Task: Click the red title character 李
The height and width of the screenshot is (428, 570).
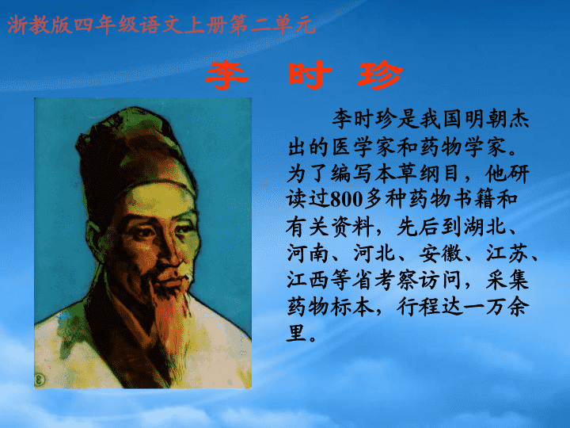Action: coord(227,75)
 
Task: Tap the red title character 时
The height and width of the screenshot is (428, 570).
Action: coord(310,75)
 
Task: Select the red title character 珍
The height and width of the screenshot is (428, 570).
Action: coord(380,75)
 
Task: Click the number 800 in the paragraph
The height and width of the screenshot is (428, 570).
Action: coord(347,200)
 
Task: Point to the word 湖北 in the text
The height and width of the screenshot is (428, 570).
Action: coord(484,226)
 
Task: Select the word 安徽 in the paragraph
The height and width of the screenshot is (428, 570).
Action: coord(441,253)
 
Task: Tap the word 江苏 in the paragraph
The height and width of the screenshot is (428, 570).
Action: coord(507,253)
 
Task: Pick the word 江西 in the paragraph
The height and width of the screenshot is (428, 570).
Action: coord(307,280)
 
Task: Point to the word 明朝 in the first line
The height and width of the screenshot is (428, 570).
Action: coord(485,119)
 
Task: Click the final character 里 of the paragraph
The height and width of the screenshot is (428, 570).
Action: coord(298,333)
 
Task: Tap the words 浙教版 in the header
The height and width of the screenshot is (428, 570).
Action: coord(40,25)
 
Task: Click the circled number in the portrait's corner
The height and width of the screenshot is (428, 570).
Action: coord(40,380)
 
